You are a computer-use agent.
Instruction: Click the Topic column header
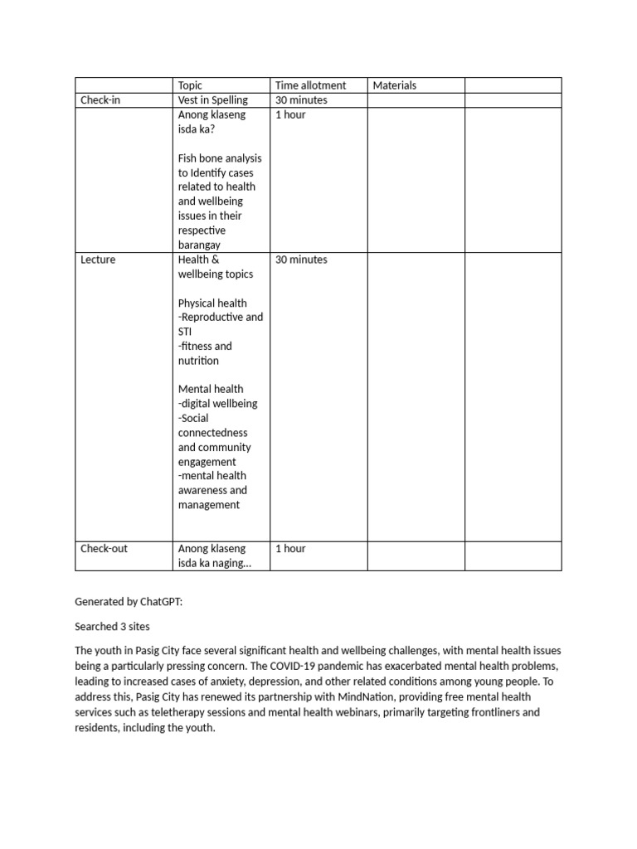(x=190, y=85)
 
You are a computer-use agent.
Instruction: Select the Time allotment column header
(x=310, y=85)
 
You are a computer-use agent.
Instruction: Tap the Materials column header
(x=395, y=85)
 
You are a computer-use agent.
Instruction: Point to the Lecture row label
(x=98, y=260)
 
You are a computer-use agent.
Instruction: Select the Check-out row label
(x=104, y=549)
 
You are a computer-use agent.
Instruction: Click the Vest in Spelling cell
(x=212, y=100)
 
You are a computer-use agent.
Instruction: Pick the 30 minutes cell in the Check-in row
(x=301, y=100)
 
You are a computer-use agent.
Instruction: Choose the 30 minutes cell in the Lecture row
(x=301, y=260)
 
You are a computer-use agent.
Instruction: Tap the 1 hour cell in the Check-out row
(x=290, y=549)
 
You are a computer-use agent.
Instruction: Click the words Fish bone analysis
(x=220, y=158)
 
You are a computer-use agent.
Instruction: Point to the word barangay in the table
(x=199, y=245)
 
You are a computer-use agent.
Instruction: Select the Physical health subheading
(x=212, y=303)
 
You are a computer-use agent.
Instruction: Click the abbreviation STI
(x=184, y=332)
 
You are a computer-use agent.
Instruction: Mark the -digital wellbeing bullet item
(x=217, y=404)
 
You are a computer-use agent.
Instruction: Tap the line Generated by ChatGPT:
(x=128, y=603)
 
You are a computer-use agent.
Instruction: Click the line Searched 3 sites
(x=113, y=627)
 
